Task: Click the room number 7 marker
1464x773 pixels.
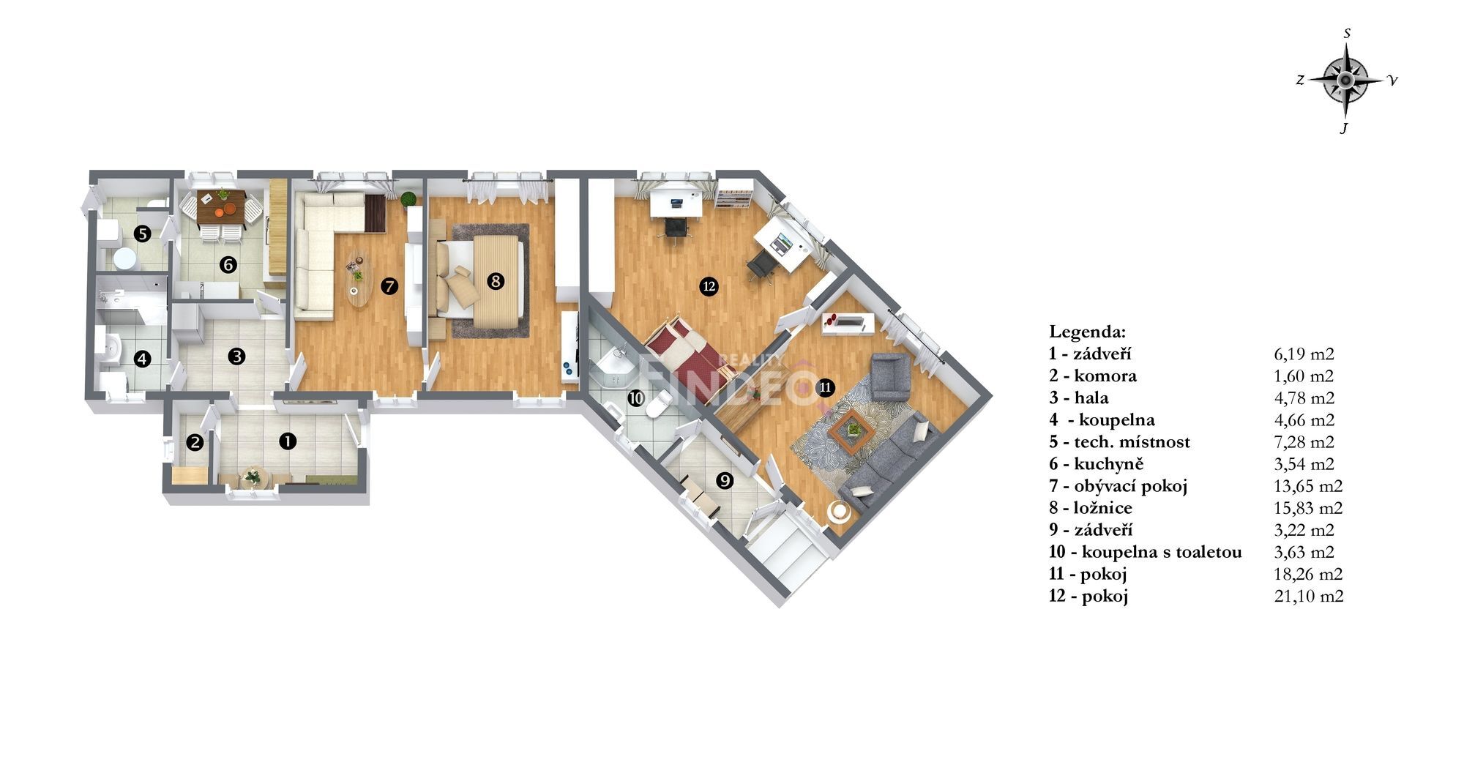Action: [x=389, y=286]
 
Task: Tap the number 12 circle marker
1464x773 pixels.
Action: [x=708, y=287]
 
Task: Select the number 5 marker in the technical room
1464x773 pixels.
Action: [x=143, y=234]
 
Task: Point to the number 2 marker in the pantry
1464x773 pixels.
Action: [x=195, y=442]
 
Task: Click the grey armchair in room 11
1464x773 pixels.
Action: [x=890, y=376]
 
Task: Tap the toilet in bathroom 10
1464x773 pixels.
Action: [x=660, y=403]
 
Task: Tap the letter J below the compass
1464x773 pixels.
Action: [x=1344, y=129]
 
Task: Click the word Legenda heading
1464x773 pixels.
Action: [x=1088, y=332]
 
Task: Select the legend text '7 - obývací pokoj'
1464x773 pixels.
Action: [x=1118, y=486]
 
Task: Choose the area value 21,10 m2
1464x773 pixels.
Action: [x=1309, y=596]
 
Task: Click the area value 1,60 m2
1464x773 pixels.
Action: [x=1304, y=376]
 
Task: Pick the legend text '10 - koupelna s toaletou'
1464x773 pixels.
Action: [x=1145, y=552]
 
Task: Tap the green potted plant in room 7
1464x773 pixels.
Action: [x=408, y=197]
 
